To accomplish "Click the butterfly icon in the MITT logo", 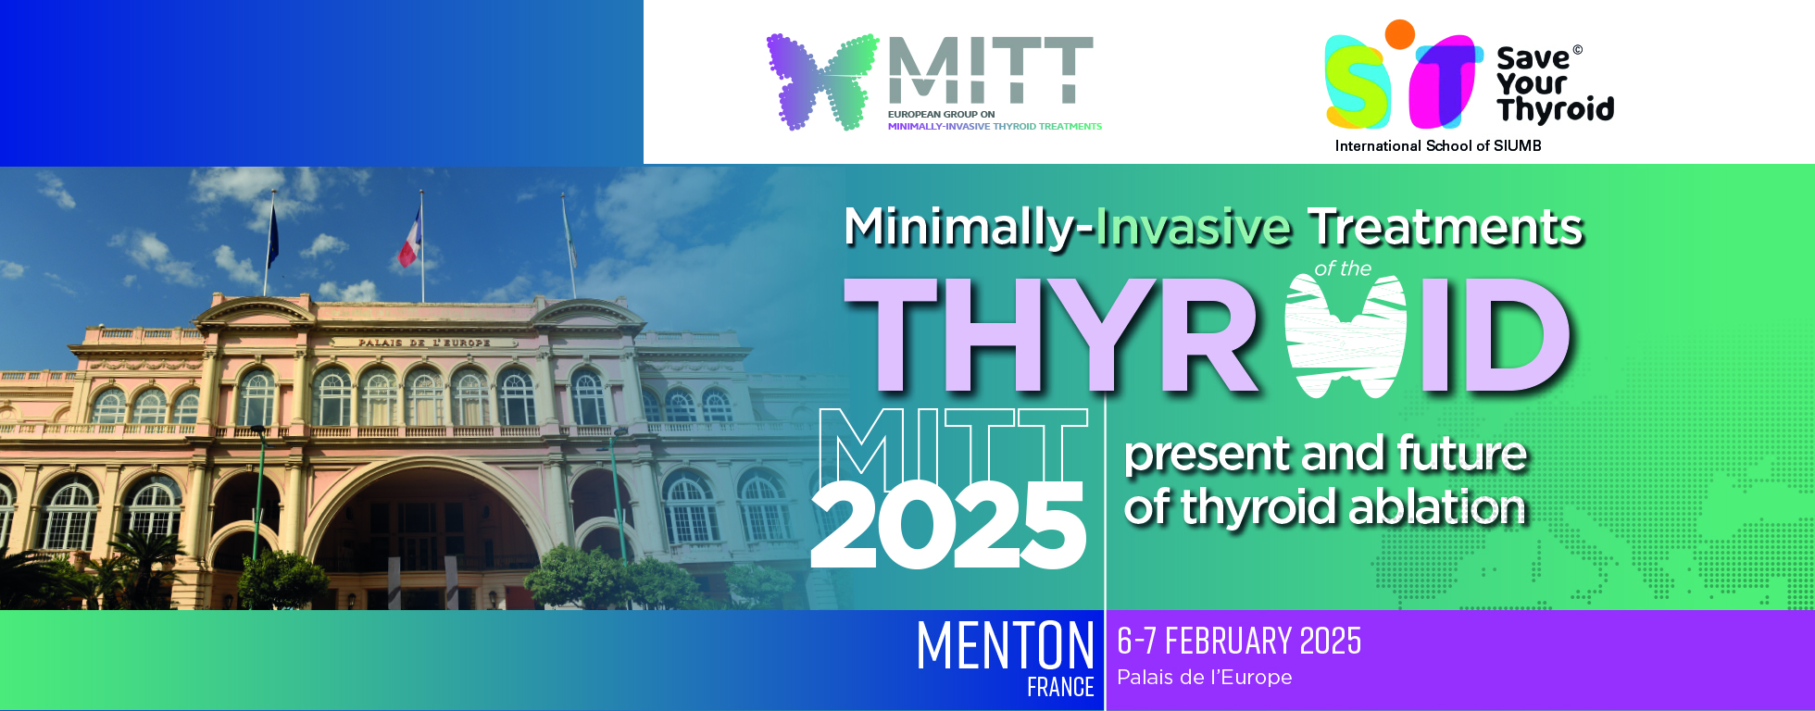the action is pyautogui.click(x=822, y=81).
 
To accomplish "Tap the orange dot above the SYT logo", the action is pyautogui.click(x=1399, y=34).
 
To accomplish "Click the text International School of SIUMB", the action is pyautogui.click(x=1438, y=145).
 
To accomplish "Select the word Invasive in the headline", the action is pyautogui.click(x=1193, y=228).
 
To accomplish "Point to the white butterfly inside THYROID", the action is pyautogui.click(x=1346, y=335).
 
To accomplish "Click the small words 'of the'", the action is pyautogui.click(x=1343, y=269).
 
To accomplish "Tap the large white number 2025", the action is pyautogui.click(x=947, y=525).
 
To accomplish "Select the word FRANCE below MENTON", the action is pyautogui.click(x=1060, y=687).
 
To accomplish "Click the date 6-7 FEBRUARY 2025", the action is pyautogui.click(x=1239, y=641).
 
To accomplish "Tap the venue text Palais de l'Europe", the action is pyautogui.click(x=1204, y=677).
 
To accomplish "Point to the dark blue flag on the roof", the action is pyautogui.click(x=273, y=237).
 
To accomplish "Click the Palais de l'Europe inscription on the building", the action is pyautogui.click(x=425, y=343).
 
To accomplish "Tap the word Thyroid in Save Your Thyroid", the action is pyautogui.click(x=1556, y=110).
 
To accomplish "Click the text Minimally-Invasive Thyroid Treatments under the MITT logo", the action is pyautogui.click(x=995, y=126).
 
